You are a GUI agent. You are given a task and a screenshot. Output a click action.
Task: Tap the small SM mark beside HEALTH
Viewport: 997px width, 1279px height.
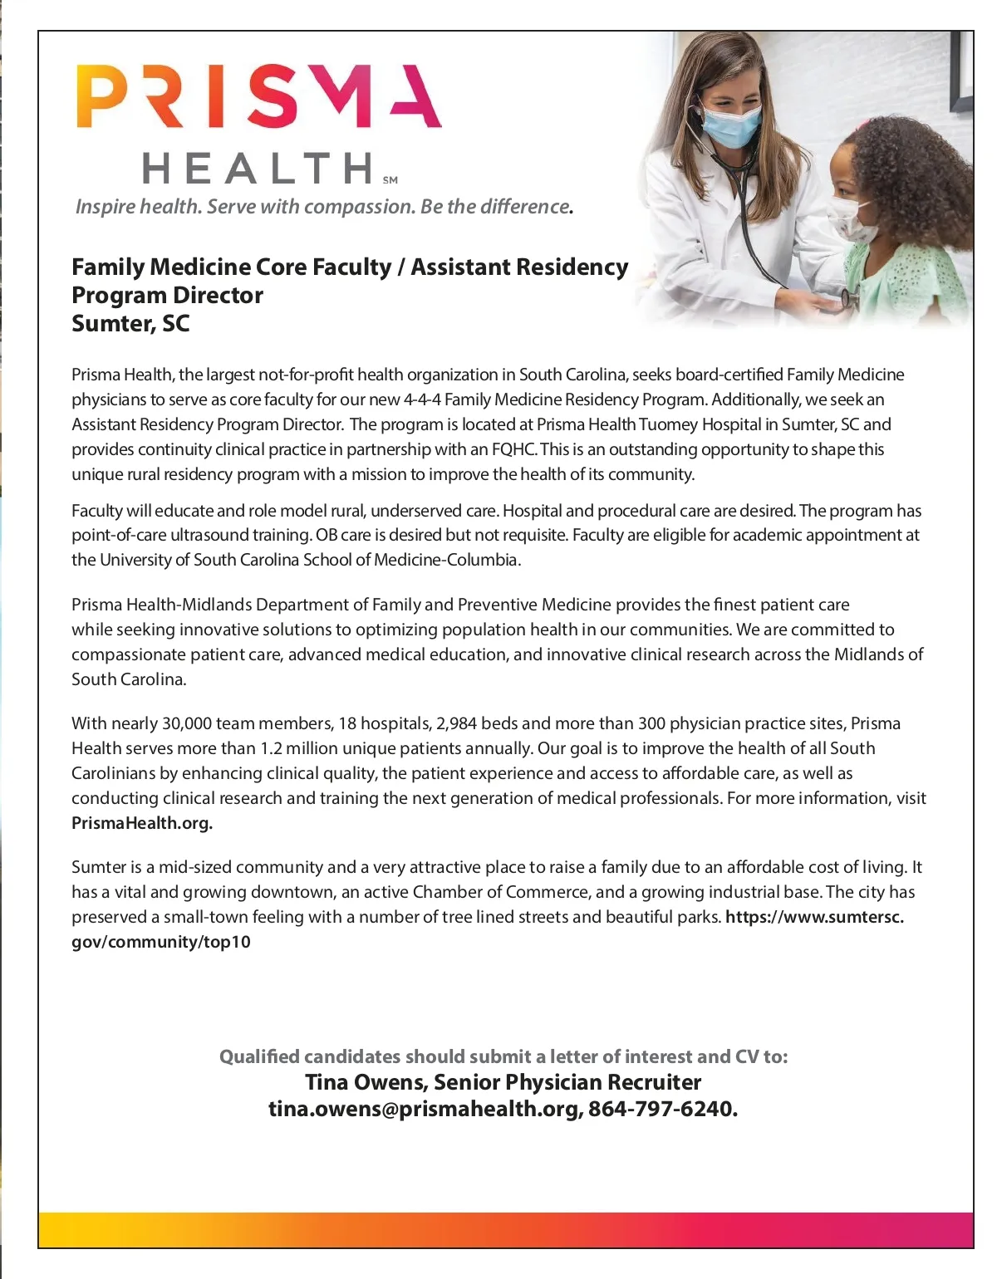[390, 179]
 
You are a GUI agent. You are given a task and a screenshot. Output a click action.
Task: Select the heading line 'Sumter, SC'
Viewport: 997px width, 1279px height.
[130, 323]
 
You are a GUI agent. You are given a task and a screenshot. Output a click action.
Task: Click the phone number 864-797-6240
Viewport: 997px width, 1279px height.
[662, 1109]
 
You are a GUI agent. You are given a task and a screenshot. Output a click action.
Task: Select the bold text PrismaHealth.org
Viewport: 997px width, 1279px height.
[141, 823]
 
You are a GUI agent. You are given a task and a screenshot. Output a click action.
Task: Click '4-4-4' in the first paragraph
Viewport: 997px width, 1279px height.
[422, 399]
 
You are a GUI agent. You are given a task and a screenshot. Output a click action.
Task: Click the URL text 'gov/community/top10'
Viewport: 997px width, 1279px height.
[161, 942]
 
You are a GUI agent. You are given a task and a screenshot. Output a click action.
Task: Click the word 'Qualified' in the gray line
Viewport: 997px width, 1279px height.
[259, 1056]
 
